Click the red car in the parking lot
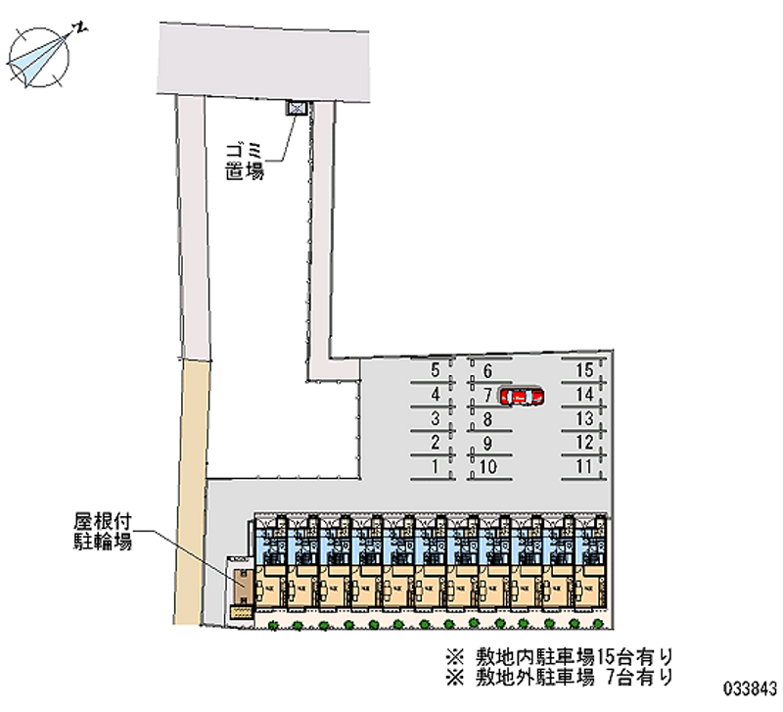pos(521,397)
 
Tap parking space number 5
pos(435,370)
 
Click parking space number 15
pos(584,370)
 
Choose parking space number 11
pos(584,467)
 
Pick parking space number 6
pos(486,370)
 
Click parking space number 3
pos(435,419)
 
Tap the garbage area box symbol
pos(296,108)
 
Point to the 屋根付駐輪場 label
pos(99,530)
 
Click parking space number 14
pos(584,395)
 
